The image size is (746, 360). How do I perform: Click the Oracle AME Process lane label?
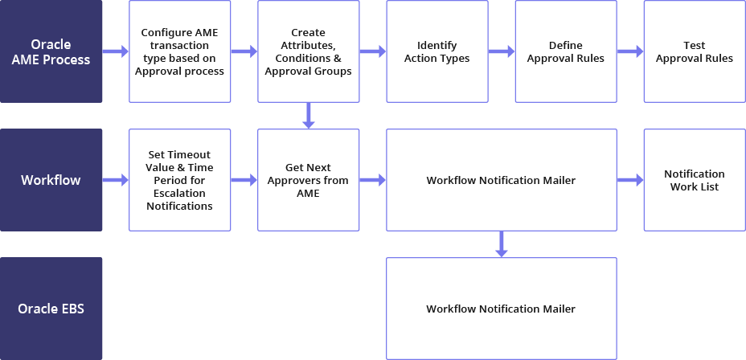pyautogui.click(x=51, y=51)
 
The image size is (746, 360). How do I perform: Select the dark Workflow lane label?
pyautogui.click(x=51, y=180)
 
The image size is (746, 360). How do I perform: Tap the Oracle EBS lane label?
pyautogui.click(x=51, y=309)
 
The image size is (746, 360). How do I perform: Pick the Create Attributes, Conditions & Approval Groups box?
pyautogui.click(x=309, y=51)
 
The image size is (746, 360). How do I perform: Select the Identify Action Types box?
pyautogui.click(x=437, y=51)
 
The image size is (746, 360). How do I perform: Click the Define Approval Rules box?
pyautogui.click(x=565, y=51)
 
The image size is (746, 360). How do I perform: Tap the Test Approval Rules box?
pyautogui.click(x=694, y=51)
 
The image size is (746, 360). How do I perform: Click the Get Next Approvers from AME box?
pyautogui.click(x=309, y=180)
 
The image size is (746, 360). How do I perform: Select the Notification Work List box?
pyautogui.click(x=694, y=180)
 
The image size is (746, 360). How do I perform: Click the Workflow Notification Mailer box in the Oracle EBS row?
pyautogui.click(x=501, y=309)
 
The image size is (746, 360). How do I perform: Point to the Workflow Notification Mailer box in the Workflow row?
pyautogui.click(x=501, y=180)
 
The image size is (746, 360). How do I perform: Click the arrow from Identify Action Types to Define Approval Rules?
pyautogui.click(x=501, y=51)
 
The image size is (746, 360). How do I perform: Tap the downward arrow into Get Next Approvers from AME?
pyautogui.click(x=309, y=116)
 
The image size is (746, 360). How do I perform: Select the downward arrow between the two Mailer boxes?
pyautogui.click(x=501, y=244)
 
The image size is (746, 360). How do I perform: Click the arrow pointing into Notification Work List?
pyautogui.click(x=629, y=180)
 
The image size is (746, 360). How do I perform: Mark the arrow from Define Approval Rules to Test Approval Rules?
pyautogui.click(x=629, y=51)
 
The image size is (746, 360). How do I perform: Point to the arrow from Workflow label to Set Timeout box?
pyautogui.click(x=116, y=180)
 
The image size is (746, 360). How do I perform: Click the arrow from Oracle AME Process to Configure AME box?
pyautogui.click(x=116, y=51)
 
